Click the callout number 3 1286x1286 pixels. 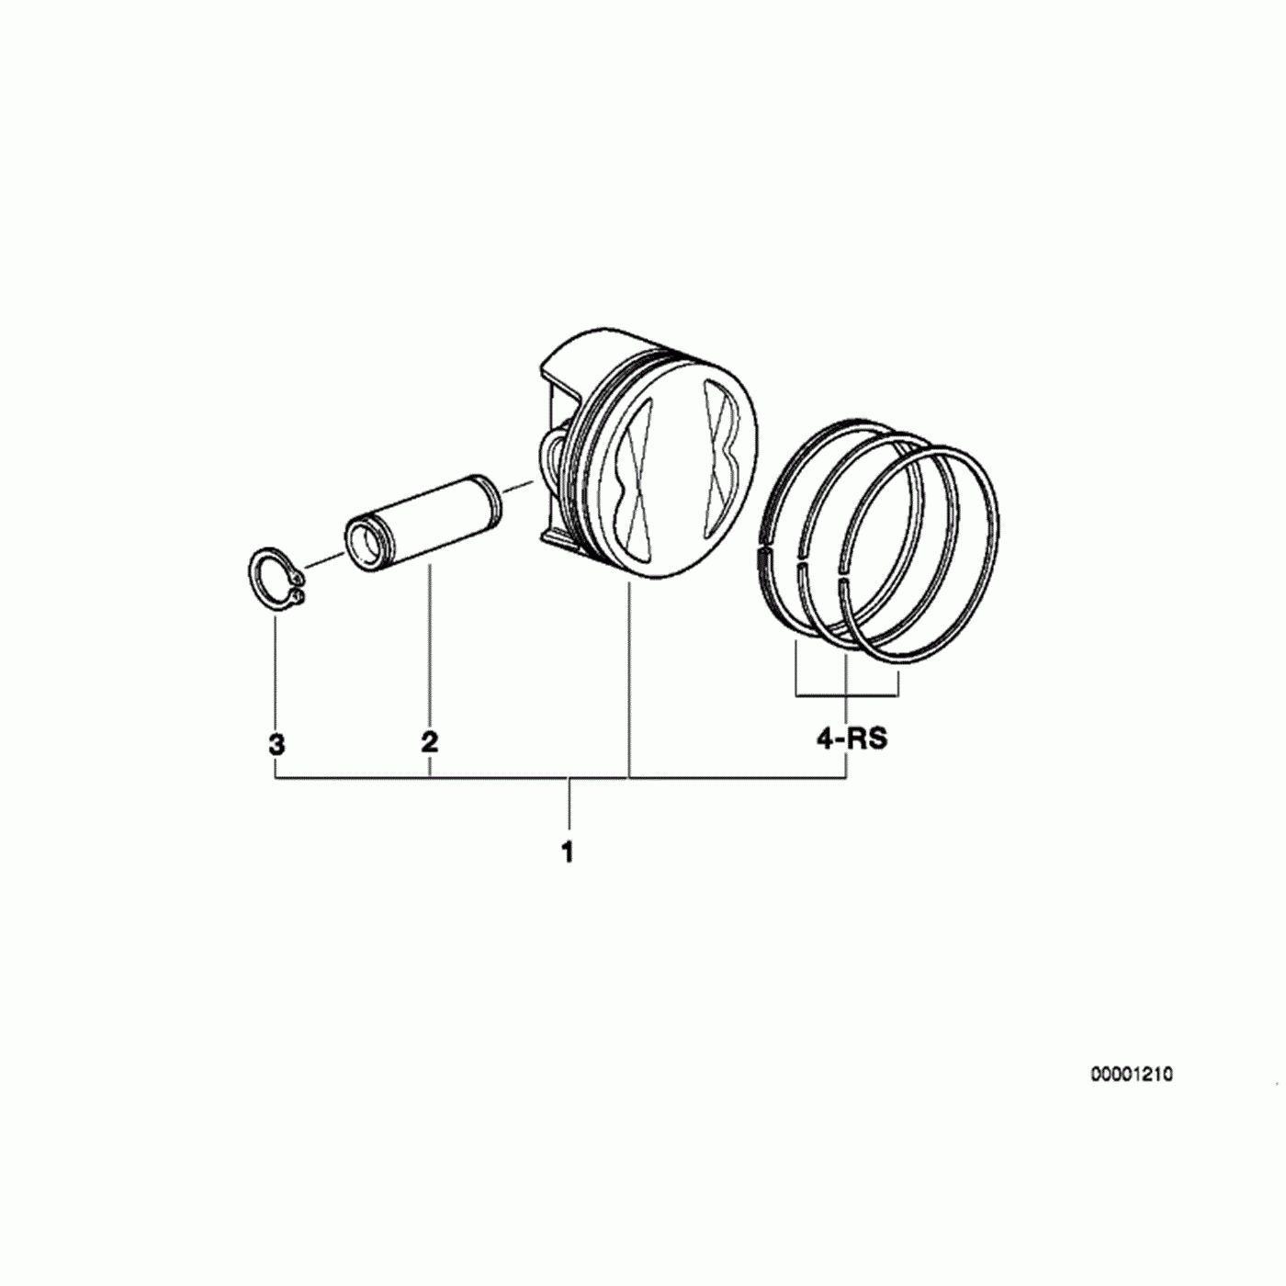276,744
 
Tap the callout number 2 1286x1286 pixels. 429,741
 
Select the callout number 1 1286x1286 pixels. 568,852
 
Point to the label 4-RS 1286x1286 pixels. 852,739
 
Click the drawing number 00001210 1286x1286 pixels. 1131,1094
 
